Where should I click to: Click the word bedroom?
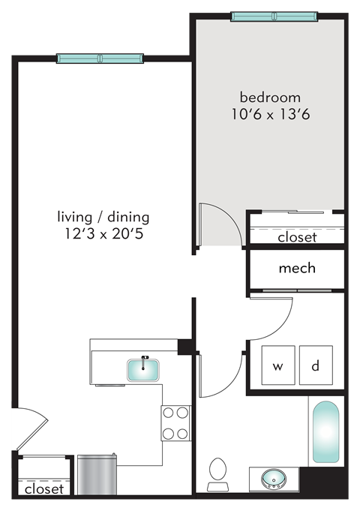[x=270, y=98]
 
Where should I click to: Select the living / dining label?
[x=103, y=217]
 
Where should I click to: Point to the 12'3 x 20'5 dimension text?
[x=103, y=234]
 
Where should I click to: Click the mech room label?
[x=297, y=268]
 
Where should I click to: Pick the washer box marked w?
[x=277, y=366]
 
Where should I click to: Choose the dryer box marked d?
[x=316, y=366]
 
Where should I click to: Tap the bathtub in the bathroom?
[x=326, y=433]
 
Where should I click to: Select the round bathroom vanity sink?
[x=271, y=478]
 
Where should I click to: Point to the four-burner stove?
[x=175, y=423]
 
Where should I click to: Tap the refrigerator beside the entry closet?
[x=95, y=474]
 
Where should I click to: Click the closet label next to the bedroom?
[x=297, y=237]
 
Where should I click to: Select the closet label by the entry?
[x=43, y=488]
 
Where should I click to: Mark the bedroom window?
[x=274, y=17]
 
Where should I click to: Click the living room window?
[x=100, y=59]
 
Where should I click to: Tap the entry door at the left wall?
[x=30, y=428]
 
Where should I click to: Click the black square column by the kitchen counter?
[x=184, y=346]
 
